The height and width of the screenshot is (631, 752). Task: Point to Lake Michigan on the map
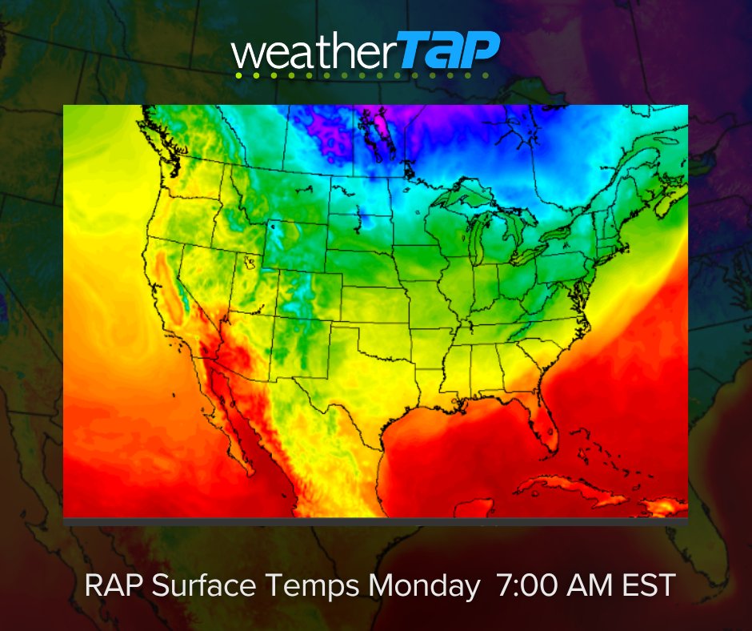(x=478, y=239)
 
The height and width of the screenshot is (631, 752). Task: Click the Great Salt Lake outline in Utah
(x=250, y=261)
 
